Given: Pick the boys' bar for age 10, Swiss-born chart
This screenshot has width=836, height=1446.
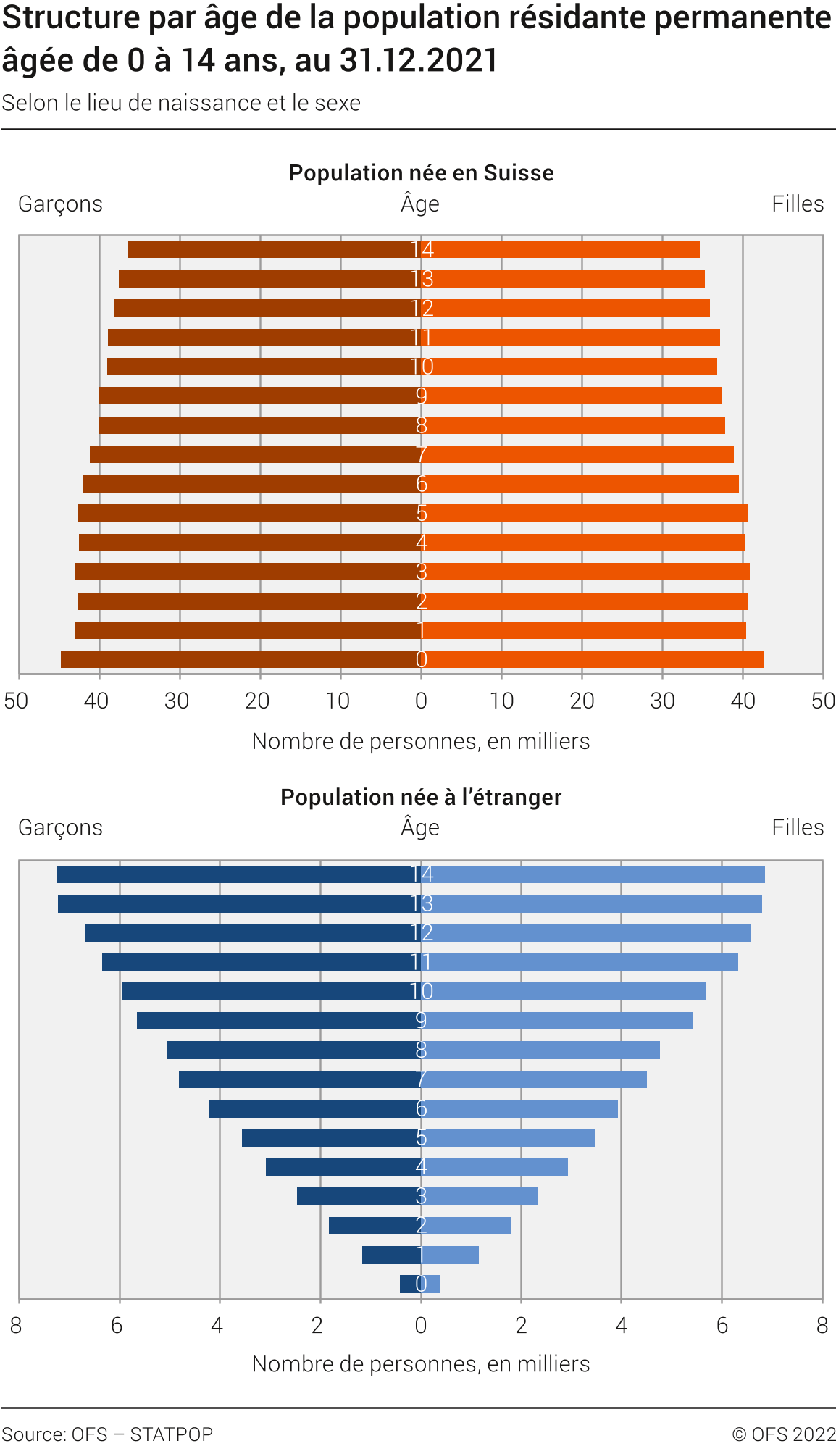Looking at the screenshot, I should click(261, 367).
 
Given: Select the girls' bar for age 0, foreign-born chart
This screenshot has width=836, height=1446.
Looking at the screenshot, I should click(432, 1284).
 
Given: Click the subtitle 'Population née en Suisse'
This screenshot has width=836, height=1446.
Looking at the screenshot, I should click(421, 173).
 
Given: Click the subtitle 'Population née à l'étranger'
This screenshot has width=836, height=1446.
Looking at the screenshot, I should click(421, 797).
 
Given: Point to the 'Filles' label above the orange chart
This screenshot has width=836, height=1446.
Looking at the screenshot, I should click(798, 204).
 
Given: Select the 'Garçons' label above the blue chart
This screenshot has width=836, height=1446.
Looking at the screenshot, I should click(60, 827).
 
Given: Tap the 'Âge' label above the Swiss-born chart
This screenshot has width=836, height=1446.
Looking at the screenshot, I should click(420, 204).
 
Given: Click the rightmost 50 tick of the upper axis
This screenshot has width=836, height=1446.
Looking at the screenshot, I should click(823, 701).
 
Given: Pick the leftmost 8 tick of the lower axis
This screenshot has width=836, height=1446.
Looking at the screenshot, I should click(16, 1325).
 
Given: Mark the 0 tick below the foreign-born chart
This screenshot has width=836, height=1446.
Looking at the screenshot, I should click(421, 1325).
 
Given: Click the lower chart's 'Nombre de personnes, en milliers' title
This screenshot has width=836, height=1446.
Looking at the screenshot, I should click(421, 1364).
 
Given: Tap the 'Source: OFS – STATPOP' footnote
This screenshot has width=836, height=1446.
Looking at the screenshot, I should click(107, 1434).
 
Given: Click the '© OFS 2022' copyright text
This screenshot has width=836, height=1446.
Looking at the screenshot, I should click(784, 1434).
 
